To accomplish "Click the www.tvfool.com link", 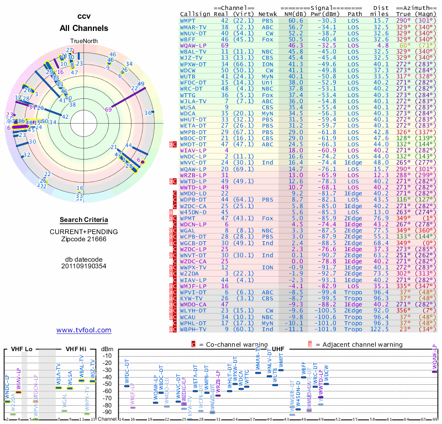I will click(x=83, y=330).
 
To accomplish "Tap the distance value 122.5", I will click(x=380, y=329).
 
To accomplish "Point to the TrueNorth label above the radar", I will click(x=84, y=41).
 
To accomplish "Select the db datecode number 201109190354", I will click(x=84, y=266).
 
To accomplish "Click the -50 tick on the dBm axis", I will click(x=107, y=384).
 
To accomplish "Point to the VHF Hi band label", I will click(x=77, y=349).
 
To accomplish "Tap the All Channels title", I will click(x=84, y=28).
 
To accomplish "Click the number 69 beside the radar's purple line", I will click(x=108, y=109).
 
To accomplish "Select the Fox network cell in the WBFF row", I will click(x=267, y=39).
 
